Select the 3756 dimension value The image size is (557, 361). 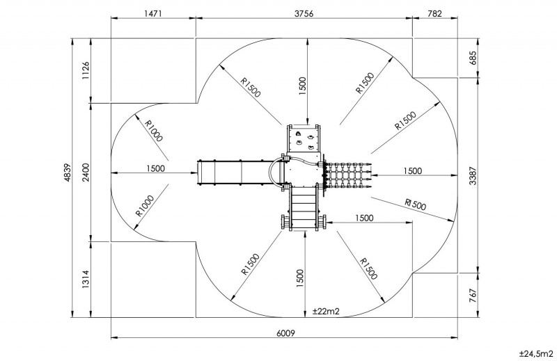click(x=303, y=13)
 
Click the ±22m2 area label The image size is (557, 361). click(x=325, y=311)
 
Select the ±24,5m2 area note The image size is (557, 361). click(x=535, y=353)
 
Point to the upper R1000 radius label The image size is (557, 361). click(x=154, y=129)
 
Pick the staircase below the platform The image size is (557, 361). click(x=304, y=207)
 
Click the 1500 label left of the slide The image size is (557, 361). click(x=156, y=168)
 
